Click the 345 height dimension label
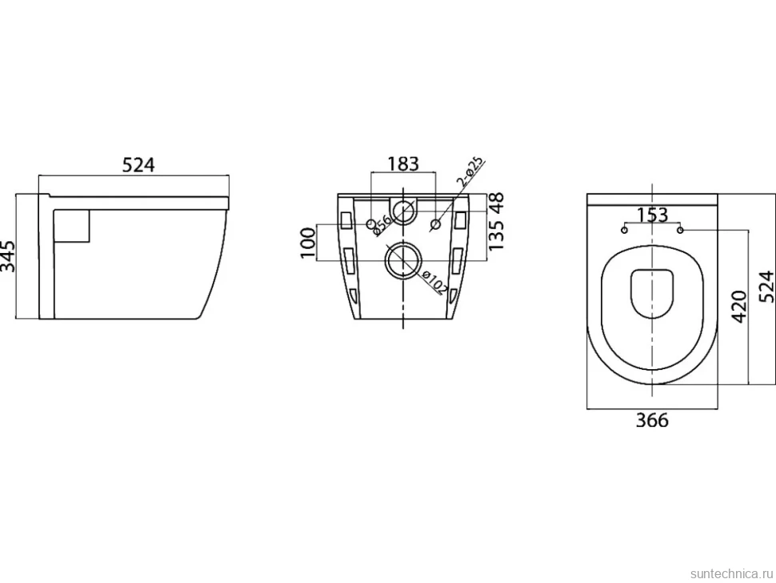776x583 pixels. tap(7, 256)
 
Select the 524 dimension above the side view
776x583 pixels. tap(138, 165)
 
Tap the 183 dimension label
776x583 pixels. tap(403, 163)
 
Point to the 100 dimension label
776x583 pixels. tap(308, 242)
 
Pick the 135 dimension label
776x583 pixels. tap(496, 235)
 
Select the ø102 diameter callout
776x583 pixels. tap(433, 283)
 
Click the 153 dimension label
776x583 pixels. tap(652, 215)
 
